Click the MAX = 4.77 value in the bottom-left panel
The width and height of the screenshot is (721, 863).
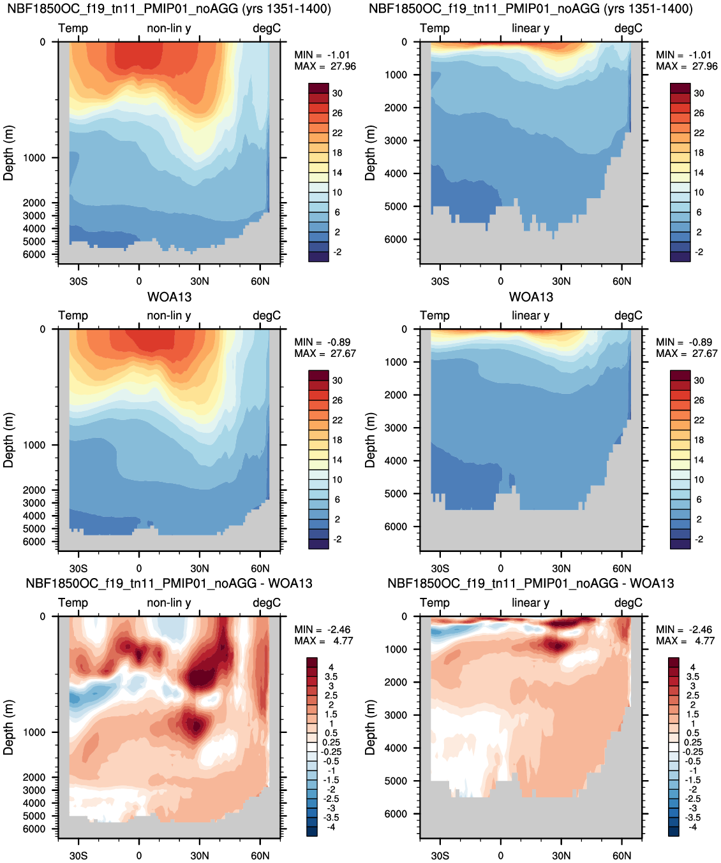(x=323, y=641)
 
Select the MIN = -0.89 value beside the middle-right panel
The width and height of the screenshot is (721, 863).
(x=684, y=342)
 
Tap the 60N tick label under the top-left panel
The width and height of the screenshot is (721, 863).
(x=260, y=281)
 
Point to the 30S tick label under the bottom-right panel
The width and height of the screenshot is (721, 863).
(x=440, y=855)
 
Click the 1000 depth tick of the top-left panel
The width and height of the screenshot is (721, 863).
(x=34, y=157)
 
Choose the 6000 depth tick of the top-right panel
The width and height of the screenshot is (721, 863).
(x=396, y=239)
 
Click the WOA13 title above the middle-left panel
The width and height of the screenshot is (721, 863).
(x=169, y=297)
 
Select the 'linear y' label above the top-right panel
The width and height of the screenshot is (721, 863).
(x=531, y=28)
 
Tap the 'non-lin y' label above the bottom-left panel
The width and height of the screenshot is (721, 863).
(x=169, y=602)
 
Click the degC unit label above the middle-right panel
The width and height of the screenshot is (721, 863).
(x=628, y=315)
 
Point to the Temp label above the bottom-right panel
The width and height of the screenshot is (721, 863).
(x=435, y=602)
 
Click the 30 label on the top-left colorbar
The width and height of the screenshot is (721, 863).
(x=338, y=93)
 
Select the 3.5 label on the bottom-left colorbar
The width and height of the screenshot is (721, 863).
(x=331, y=677)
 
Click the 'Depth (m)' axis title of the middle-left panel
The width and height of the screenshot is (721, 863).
(x=8, y=440)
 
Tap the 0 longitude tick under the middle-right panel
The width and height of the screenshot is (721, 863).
(x=501, y=569)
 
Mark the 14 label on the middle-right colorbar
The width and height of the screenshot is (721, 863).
(x=699, y=460)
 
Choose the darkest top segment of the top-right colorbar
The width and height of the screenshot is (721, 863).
(x=680, y=88)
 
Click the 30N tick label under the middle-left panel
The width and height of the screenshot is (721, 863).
(x=200, y=569)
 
